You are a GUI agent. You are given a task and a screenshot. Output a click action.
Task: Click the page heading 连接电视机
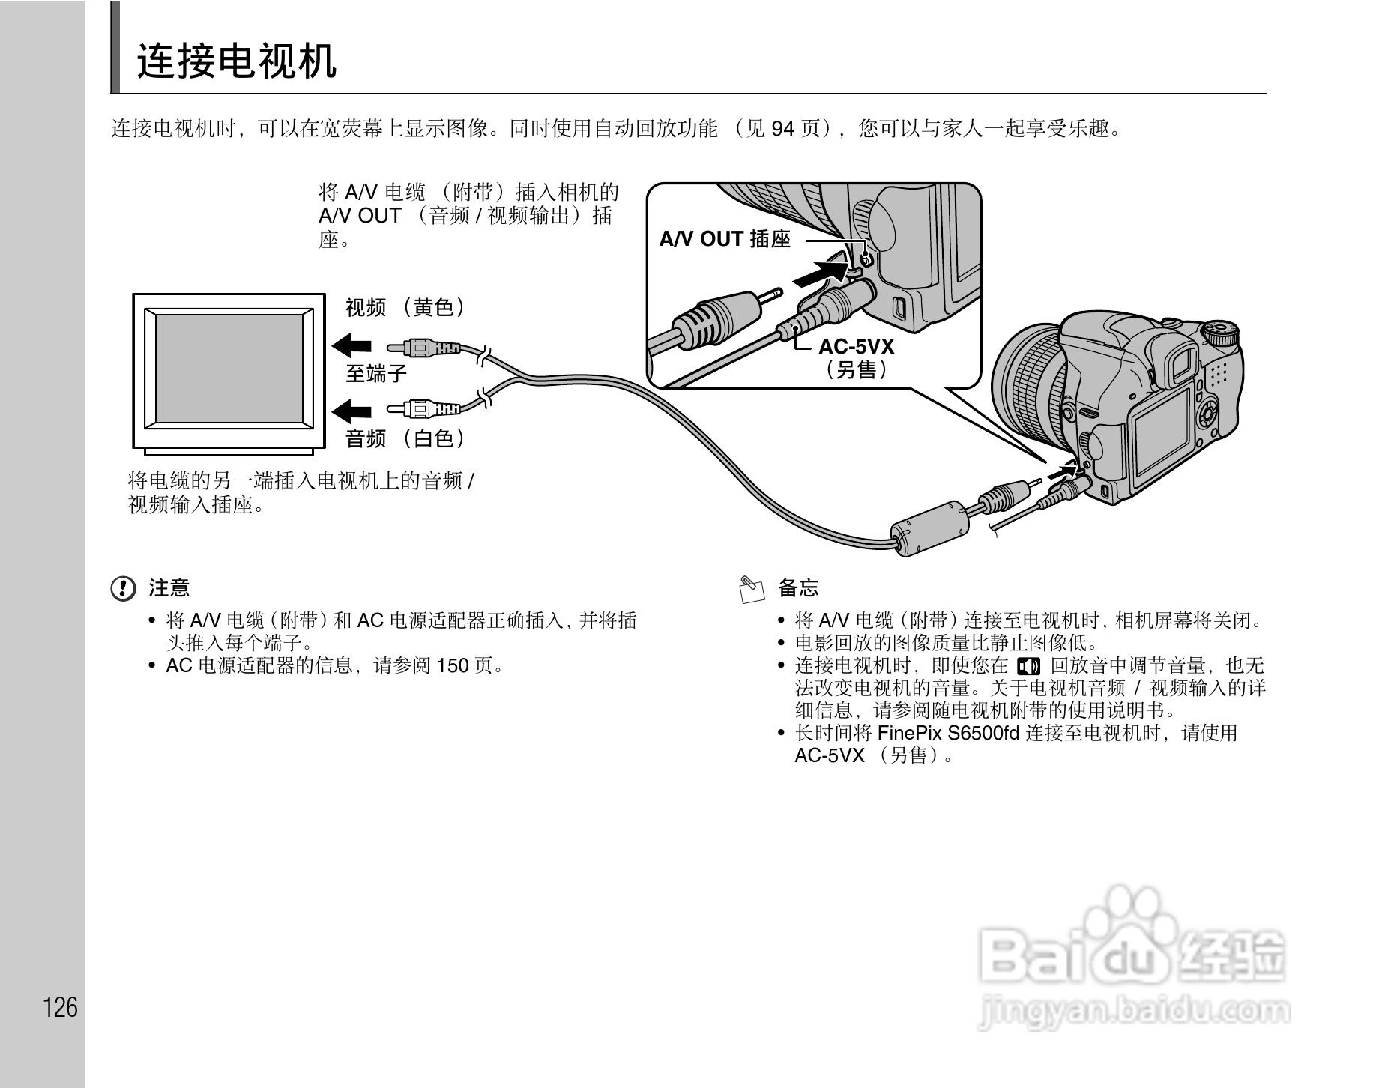(x=236, y=61)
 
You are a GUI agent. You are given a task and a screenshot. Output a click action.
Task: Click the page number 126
(x=61, y=1007)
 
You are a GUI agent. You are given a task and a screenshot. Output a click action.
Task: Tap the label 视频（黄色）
(x=405, y=307)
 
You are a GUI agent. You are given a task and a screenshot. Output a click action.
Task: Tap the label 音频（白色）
(x=405, y=438)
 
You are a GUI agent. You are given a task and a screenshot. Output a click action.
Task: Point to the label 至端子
(x=375, y=373)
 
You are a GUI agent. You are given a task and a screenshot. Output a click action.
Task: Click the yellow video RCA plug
(x=423, y=348)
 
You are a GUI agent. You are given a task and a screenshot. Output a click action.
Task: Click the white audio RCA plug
(x=423, y=409)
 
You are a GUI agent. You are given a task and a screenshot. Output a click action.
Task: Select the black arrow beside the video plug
(x=351, y=346)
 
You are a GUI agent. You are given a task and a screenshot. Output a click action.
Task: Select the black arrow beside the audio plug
(x=351, y=410)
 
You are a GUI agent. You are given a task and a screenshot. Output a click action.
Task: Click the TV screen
(x=229, y=369)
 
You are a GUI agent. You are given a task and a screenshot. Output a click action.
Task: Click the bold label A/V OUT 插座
(x=725, y=239)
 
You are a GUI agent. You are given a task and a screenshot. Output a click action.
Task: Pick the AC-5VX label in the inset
(x=856, y=347)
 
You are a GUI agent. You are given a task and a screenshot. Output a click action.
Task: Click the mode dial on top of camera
(x=1220, y=331)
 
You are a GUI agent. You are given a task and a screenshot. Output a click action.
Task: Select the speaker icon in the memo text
(x=1029, y=666)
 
